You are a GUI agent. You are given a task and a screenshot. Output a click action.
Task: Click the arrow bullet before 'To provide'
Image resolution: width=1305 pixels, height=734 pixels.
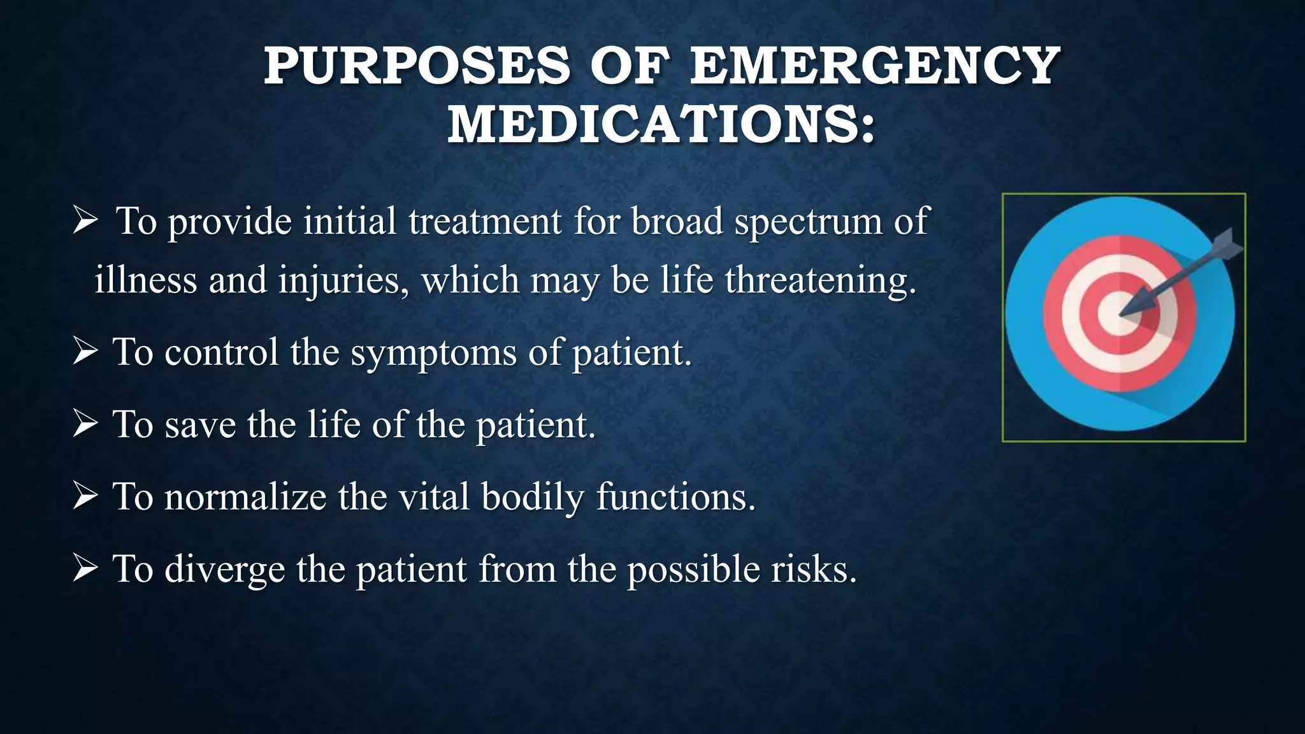(x=85, y=220)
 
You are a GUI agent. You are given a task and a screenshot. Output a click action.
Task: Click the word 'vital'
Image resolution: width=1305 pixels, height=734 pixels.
(x=433, y=497)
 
